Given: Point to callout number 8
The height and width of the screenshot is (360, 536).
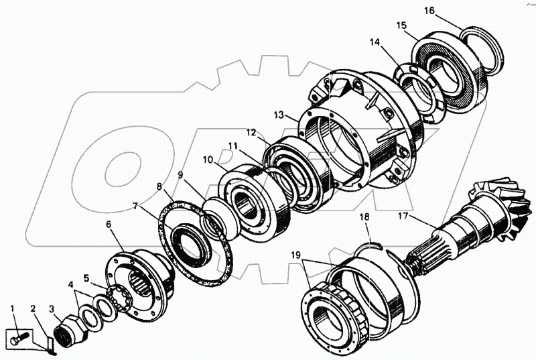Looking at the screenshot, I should (x=159, y=186).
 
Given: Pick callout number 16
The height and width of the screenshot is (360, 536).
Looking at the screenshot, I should (x=429, y=10).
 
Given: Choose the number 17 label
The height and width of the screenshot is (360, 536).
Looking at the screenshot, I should (x=402, y=216).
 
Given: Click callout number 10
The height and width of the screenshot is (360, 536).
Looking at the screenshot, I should (x=208, y=160).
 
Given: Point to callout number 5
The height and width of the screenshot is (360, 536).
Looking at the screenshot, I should (x=86, y=278).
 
